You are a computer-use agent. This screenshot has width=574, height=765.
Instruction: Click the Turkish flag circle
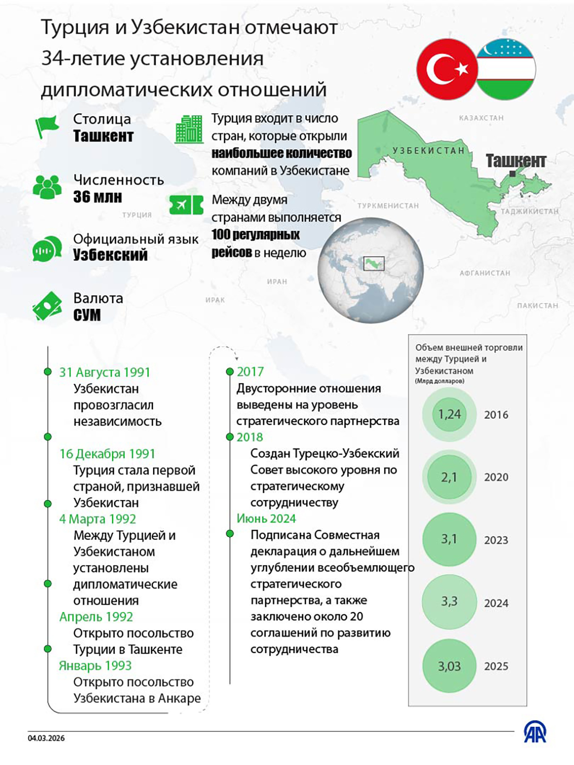[447, 69]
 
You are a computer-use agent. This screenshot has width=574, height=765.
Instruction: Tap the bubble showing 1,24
[449, 414]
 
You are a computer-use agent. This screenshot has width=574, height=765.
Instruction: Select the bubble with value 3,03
[449, 666]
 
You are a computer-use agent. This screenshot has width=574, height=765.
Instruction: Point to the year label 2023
[496, 540]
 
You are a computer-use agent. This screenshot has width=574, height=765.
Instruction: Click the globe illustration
[371, 270]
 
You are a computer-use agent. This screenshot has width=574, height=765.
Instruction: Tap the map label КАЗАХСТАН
[481, 118]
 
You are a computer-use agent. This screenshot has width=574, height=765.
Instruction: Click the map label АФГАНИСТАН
[485, 273]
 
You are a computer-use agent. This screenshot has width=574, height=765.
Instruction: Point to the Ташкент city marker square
[512, 174]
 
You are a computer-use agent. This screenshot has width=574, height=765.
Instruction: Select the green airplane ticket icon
[186, 205]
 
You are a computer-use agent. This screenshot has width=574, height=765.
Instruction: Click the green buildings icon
[189, 130]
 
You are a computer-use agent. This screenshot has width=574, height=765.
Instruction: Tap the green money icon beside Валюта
[47, 306]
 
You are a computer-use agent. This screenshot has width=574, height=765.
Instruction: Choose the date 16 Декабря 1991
[107, 454]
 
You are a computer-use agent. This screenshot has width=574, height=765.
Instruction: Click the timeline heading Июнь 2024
[266, 519]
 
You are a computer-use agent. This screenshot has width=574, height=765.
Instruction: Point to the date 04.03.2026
[46, 738]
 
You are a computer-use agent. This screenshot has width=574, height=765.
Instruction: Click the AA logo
[535, 732]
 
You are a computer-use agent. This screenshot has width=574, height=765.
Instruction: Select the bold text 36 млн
[98, 197]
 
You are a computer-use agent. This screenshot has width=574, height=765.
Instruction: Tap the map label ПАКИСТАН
[537, 306]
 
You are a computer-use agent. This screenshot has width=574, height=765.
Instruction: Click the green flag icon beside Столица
[47, 127]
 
